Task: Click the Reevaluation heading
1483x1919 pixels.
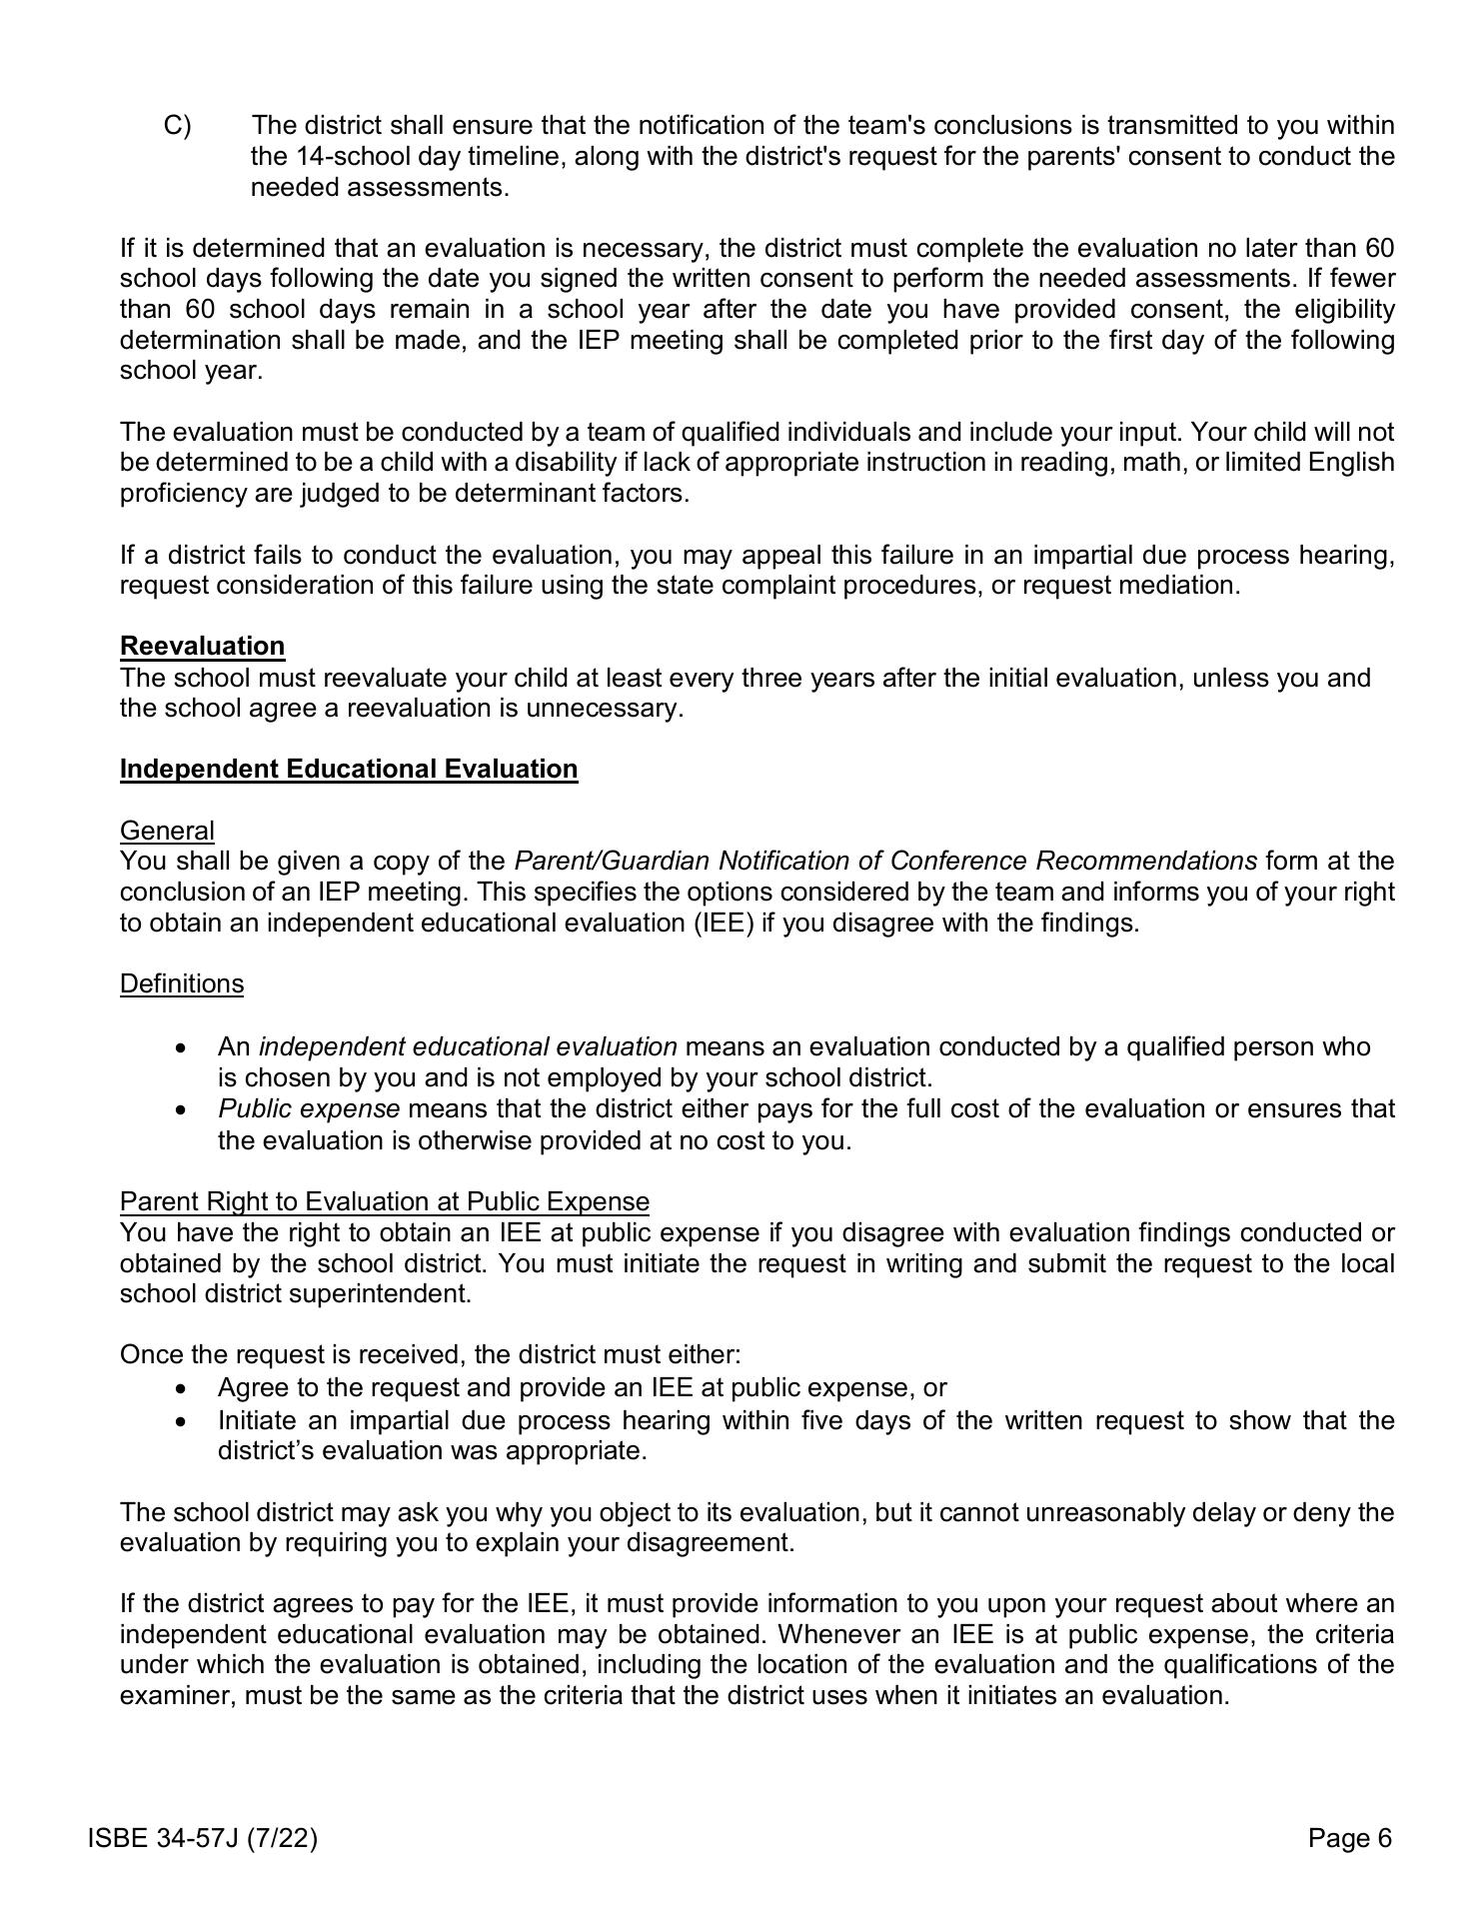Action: click(202, 647)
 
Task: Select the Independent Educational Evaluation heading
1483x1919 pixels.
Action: click(349, 770)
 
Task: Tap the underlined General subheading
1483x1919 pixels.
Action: click(167, 831)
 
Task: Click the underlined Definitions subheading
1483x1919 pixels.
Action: click(182, 984)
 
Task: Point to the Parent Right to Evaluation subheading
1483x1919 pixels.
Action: click(385, 1201)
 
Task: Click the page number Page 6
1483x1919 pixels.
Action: click(1349, 1838)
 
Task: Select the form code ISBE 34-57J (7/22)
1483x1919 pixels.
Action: click(203, 1838)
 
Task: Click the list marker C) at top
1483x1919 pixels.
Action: click(178, 126)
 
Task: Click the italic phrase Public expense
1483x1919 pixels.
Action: click(309, 1109)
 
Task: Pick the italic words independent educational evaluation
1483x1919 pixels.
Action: click(468, 1047)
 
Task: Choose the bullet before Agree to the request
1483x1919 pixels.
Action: click(180, 1389)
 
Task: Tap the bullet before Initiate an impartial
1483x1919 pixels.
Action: click(180, 1421)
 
